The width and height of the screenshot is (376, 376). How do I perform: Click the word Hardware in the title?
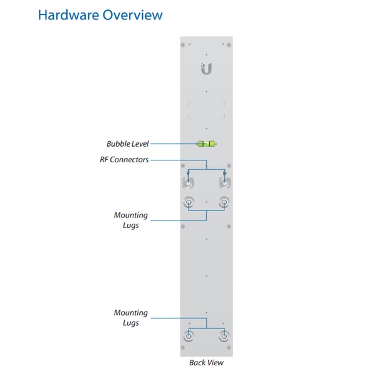[x=68, y=15]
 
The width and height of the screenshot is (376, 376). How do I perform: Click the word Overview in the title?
[x=133, y=15]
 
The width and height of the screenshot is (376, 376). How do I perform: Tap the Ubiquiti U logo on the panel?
[x=206, y=68]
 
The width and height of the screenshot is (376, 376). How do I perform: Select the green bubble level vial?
[x=206, y=144]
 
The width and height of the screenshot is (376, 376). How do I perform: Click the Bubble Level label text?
[x=128, y=144]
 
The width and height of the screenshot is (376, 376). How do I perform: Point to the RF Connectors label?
[x=124, y=160]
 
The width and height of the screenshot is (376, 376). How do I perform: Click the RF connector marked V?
[x=188, y=183]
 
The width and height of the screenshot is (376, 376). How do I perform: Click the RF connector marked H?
[x=225, y=183]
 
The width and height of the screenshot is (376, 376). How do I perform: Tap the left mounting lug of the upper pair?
[x=189, y=202]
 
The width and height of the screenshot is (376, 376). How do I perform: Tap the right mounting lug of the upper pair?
[x=224, y=202]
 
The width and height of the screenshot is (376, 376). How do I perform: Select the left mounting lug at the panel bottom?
[x=189, y=336]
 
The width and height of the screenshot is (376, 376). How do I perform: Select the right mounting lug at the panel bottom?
[x=224, y=336]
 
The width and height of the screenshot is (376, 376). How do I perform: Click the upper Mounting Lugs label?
[x=131, y=220]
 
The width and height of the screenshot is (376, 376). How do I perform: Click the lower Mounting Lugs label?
[x=131, y=318]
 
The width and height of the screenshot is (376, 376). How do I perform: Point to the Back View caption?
[x=206, y=363]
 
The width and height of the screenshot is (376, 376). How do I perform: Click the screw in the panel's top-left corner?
[x=183, y=45]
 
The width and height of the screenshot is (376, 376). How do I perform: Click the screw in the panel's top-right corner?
[x=229, y=45]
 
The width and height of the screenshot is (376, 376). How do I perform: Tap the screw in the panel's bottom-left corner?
[x=183, y=347]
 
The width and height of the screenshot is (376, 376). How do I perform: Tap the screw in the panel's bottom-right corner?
[x=229, y=347]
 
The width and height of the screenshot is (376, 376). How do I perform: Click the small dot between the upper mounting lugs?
[x=206, y=202]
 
